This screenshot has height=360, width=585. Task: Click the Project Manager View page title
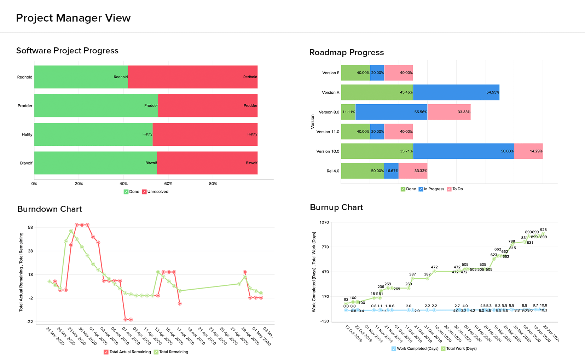[x=73, y=18]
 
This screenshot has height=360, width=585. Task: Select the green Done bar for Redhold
[x=81, y=77]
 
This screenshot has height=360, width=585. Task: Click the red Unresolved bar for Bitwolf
[x=207, y=163]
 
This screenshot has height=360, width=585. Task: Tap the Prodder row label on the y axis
[x=25, y=106]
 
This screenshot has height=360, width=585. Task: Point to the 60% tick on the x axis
[x=168, y=184]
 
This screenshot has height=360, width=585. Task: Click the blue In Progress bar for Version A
[x=456, y=92]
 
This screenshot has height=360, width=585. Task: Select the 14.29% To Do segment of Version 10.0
[x=528, y=151]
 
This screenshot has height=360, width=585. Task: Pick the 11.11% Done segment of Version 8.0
[x=348, y=112]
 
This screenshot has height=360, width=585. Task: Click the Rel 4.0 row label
[x=332, y=171]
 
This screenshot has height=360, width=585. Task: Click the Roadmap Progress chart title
[x=346, y=52]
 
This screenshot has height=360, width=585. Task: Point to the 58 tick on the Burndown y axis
[x=30, y=227]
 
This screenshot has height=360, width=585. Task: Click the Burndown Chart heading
[x=50, y=209]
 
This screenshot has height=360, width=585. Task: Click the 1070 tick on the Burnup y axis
[x=324, y=222]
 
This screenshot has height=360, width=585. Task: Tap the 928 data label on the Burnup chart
[x=543, y=230]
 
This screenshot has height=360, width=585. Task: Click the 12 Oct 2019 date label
[x=353, y=333]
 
